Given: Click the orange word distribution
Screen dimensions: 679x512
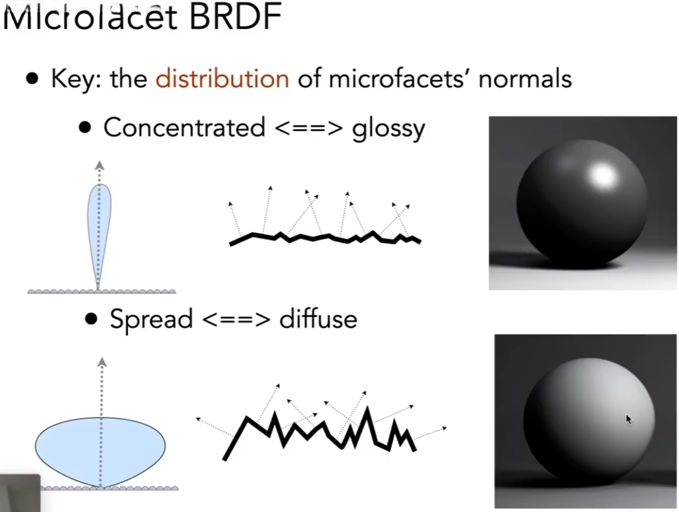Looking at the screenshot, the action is pyautogui.click(x=222, y=79).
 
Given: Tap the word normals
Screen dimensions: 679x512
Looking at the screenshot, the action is pyautogui.click(x=525, y=79).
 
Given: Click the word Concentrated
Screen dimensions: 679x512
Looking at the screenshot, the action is pyautogui.click(x=184, y=128).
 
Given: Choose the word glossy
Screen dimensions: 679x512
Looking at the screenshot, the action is pyautogui.click(x=388, y=129).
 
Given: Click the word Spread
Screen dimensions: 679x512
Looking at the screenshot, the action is pyautogui.click(x=151, y=319).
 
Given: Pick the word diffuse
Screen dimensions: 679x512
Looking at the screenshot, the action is pyautogui.click(x=318, y=319).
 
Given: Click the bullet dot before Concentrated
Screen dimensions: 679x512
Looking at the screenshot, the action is pyautogui.click(x=85, y=128).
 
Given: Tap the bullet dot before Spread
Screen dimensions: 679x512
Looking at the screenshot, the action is pyautogui.click(x=91, y=319).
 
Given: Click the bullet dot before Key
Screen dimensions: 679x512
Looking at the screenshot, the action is pyautogui.click(x=33, y=79).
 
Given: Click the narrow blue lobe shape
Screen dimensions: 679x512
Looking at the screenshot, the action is pyautogui.click(x=100, y=225).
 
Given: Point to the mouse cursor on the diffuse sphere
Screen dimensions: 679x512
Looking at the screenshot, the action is pyautogui.click(x=628, y=419).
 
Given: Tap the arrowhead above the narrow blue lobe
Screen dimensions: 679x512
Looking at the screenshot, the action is pyautogui.click(x=100, y=165).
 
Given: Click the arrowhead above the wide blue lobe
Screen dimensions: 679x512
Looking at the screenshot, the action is pyautogui.click(x=102, y=362).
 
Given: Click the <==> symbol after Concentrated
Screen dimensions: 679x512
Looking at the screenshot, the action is pyautogui.click(x=309, y=128).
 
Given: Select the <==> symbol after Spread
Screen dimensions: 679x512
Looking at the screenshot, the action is pyautogui.click(x=236, y=320).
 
